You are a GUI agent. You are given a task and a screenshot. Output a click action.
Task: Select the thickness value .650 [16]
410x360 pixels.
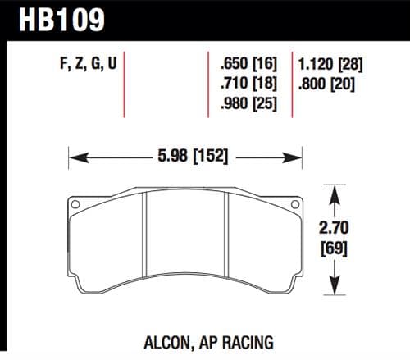click(248, 62)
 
